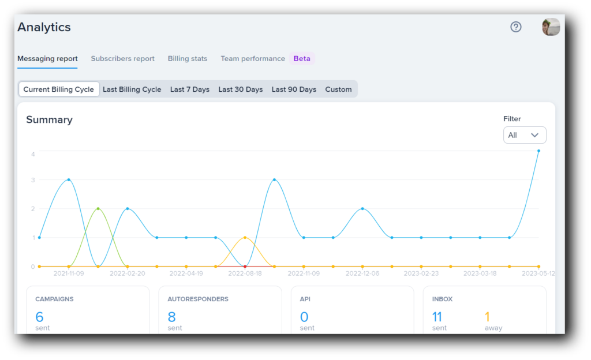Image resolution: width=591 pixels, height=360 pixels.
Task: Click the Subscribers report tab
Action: coord(122,59)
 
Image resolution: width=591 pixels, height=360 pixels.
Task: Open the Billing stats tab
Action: coord(187,59)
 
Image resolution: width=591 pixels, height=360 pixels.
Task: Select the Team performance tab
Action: coord(252,59)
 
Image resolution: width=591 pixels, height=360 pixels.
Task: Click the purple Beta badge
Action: coord(302,59)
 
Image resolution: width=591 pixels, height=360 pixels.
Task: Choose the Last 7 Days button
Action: coord(189,89)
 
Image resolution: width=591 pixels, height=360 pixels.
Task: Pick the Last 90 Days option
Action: coord(294,89)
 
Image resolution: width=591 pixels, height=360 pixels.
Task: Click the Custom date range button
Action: coord(338,89)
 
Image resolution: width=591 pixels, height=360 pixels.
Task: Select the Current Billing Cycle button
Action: coord(58,89)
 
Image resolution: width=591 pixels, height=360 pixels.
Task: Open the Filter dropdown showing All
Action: coord(524,135)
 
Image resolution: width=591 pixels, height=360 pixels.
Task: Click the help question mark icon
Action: coord(516,27)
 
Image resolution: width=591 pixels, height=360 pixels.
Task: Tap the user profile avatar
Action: coord(551,27)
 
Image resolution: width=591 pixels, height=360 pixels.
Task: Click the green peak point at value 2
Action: coord(98,208)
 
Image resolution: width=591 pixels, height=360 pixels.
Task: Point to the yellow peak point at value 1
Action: coord(245,237)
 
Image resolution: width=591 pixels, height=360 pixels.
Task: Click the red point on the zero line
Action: coord(245,267)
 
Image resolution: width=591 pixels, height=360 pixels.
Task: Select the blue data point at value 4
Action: coord(538,151)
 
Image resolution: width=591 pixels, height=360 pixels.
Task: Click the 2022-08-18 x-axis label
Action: coord(245,273)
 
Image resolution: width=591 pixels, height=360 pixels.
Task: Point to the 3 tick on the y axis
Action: coord(33,180)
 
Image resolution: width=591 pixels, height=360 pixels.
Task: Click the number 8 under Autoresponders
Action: coord(171,316)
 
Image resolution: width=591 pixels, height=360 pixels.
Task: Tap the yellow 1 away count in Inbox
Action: coord(487,316)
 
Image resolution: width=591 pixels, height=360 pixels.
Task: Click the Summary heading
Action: coord(49,120)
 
